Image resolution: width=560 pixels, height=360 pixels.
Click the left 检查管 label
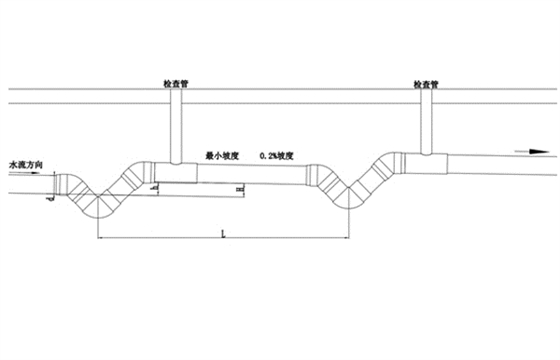[x=175, y=86]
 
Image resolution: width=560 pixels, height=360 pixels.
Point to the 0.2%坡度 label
[x=277, y=156]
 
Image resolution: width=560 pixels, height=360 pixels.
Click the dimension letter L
[x=221, y=231]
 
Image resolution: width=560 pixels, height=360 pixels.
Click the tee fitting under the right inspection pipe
[x=428, y=160]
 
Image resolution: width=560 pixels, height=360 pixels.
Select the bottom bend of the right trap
[x=344, y=197]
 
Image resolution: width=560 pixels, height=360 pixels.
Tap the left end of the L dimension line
[x=98, y=238]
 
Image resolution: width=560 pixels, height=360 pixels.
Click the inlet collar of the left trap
[x=63, y=184]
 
